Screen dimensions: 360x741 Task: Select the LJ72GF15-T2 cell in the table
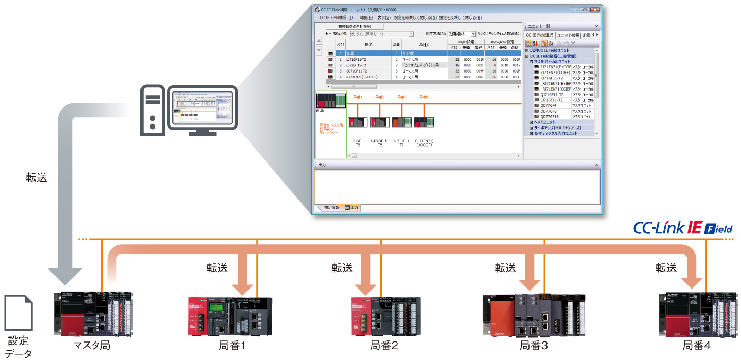click(357, 65)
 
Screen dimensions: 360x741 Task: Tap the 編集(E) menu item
click(366, 17)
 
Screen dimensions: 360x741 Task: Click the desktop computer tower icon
click(153, 110)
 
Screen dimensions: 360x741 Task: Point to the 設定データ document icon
click(18, 313)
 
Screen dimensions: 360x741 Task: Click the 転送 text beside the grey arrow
click(37, 177)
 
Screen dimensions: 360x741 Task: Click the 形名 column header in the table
click(368, 45)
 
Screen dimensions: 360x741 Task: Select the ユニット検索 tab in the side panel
click(568, 35)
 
